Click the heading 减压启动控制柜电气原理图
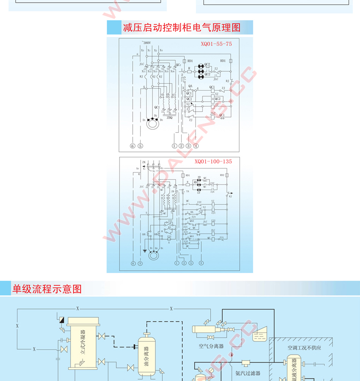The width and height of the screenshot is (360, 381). pyautogui.click(x=182, y=28)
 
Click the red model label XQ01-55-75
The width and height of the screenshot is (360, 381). pyautogui.click(x=216, y=44)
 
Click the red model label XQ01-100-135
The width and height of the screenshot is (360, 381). pyautogui.click(x=213, y=161)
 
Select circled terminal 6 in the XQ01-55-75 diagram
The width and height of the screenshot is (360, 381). pyautogui.click(x=132, y=146)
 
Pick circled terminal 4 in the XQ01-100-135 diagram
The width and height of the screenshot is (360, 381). pyautogui.click(x=201, y=263)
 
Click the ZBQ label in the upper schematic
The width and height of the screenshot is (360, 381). pyautogui.click(x=169, y=117)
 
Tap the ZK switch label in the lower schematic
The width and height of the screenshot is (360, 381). pyautogui.click(x=144, y=162)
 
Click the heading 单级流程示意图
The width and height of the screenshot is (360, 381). pyautogui.click(x=47, y=289)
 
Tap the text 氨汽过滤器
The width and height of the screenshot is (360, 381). pyautogui.click(x=248, y=373)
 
